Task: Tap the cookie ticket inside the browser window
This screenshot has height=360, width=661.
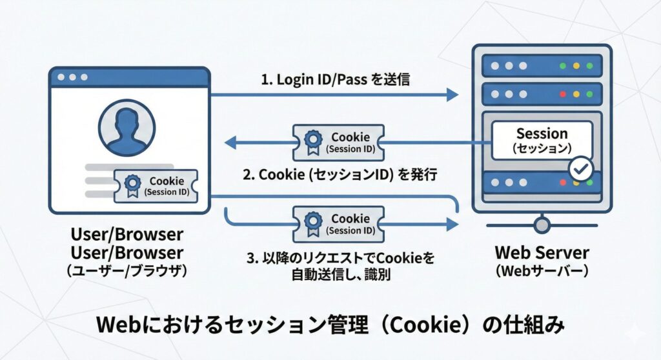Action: click(156, 186)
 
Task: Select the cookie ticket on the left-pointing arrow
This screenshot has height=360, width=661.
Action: click(338, 143)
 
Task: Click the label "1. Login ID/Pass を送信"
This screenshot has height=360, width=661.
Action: click(336, 80)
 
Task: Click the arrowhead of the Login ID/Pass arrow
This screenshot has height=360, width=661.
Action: click(451, 95)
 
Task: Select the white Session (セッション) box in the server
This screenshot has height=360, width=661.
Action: click(542, 140)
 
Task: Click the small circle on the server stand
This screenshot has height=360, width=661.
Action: click(542, 225)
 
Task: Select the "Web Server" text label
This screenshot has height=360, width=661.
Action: click(542, 253)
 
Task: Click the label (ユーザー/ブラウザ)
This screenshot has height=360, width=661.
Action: click(127, 271)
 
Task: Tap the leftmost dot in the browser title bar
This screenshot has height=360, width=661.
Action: click(62, 77)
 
